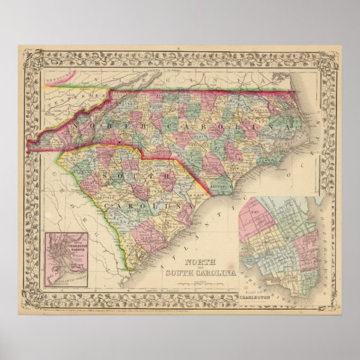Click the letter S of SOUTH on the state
click(x=108, y=176)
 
